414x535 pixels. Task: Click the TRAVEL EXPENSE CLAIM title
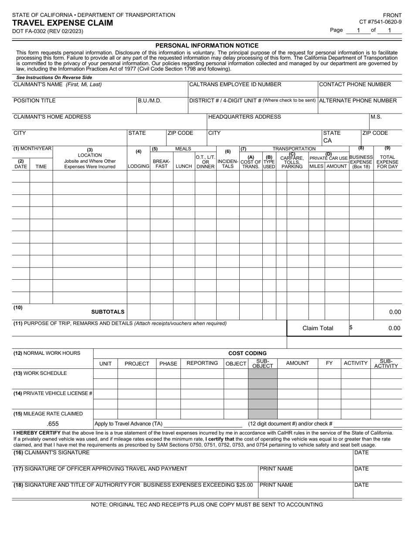(x=62, y=23)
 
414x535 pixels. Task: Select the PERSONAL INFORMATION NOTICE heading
(x=207, y=46)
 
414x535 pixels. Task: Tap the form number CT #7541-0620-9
(x=380, y=22)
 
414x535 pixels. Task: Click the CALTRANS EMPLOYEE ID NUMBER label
(x=235, y=84)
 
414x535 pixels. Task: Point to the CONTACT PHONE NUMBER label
(x=355, y=84)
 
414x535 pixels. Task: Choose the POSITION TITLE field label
(x=34, y=100)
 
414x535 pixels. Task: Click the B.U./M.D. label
(x=149, y=100)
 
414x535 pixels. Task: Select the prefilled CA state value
(x=328, y=140)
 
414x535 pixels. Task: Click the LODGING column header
(x=138, y=166)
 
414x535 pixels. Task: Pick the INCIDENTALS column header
(x=227, y=164)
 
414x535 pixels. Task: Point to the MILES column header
(x=316, y=166)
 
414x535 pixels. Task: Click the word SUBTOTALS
(x=108, y=312)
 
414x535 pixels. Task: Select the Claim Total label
(x=318, y=328)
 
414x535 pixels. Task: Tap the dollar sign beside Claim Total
(x=351, y=328)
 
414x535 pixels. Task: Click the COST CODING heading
(x=248, y=353)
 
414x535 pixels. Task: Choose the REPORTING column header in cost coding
(x=202, y=363)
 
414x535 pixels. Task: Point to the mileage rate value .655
(x=53, y=424)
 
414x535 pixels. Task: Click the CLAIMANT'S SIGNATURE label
(x=51, y=452)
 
